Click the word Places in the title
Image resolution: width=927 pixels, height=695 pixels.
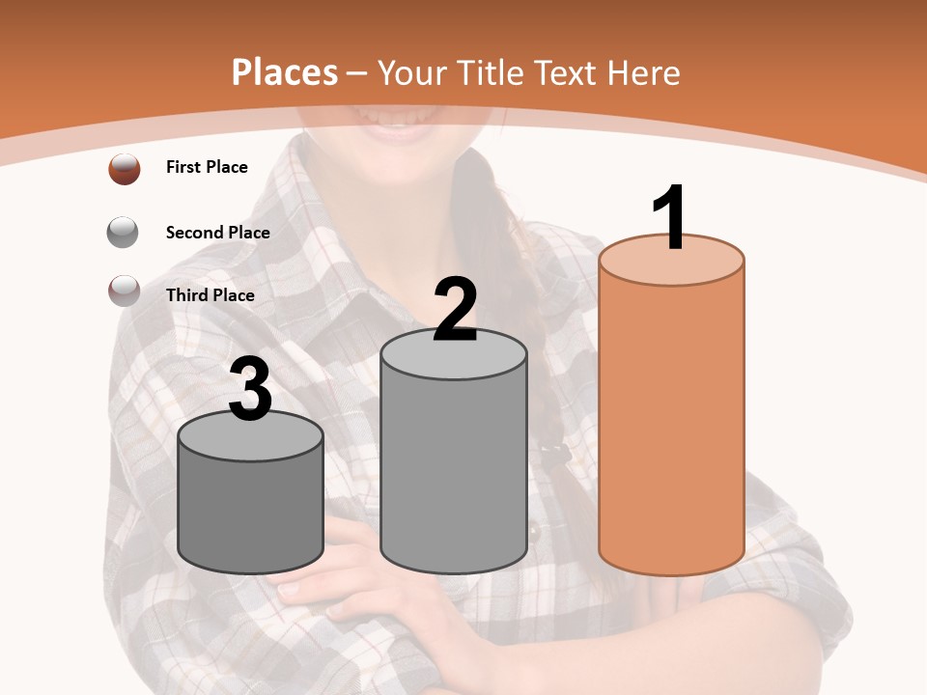285,72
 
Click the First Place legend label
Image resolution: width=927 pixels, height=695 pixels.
207,167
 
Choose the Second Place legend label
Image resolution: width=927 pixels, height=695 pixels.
217,233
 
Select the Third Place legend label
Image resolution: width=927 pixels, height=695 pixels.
210,295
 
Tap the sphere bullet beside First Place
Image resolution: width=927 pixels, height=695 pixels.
125,169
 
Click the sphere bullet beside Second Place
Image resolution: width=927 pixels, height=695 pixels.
124,233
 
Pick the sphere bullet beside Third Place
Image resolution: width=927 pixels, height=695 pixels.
124,291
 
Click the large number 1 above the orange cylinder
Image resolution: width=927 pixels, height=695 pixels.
670,218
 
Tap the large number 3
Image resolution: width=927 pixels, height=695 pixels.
251,390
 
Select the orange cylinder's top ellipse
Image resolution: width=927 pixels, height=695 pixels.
671,261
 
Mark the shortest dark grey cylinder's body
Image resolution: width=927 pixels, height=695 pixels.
251,512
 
